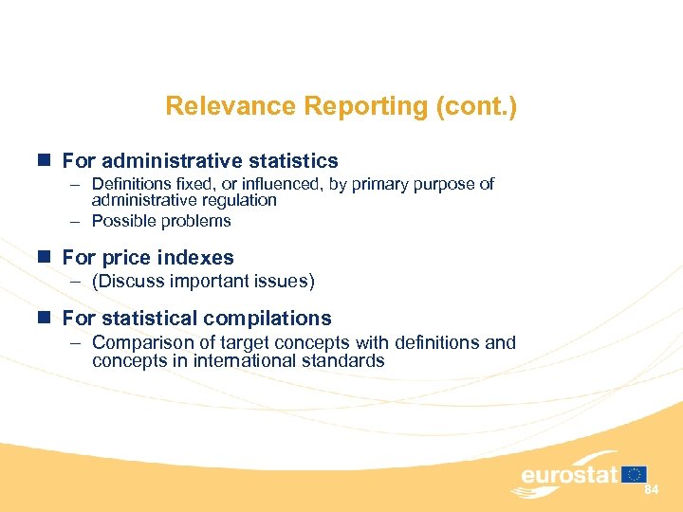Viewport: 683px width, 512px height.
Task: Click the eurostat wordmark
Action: [568, 474]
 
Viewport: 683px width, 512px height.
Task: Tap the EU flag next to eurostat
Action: [635, 474]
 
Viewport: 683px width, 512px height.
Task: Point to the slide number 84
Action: [652, 489]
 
